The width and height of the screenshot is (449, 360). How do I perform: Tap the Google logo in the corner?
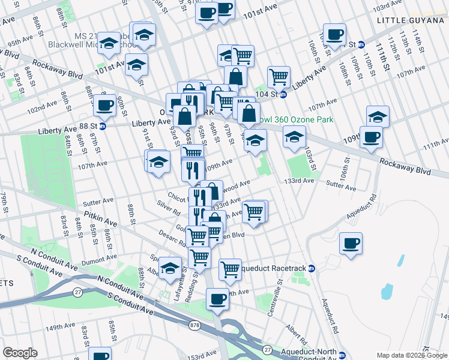20,353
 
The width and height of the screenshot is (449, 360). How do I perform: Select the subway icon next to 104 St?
283,95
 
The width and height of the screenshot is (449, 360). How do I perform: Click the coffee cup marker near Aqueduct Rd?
351,244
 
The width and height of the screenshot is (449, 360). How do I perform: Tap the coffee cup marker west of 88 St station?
104,106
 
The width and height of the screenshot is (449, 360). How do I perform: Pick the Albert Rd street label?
296,331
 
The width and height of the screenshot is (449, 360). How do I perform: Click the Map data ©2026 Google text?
412,355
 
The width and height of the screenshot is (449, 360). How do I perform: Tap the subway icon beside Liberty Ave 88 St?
102,127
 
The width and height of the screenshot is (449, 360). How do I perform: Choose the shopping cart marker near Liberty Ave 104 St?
279,77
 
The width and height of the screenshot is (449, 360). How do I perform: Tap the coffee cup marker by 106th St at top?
334,34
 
